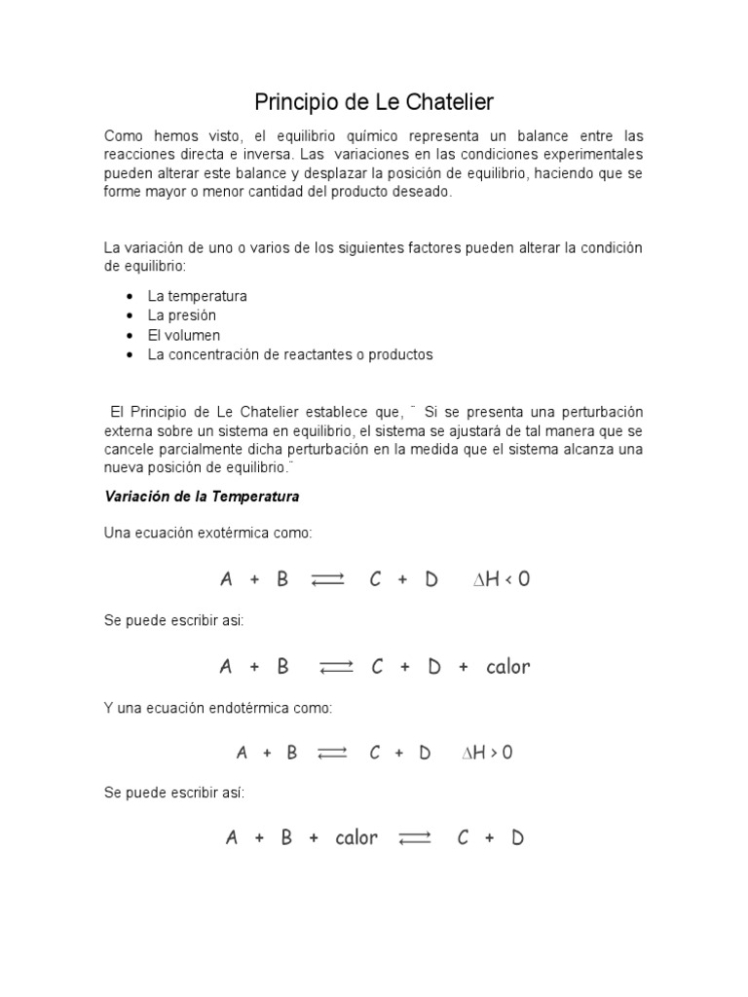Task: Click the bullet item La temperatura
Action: [x=197, y=296]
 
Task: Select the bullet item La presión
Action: [x=182, y=315]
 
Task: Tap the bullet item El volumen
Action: [x=184, y=335]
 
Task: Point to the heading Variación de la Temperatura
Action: [x=202, y=497]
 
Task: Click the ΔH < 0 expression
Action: [x=502, y=579]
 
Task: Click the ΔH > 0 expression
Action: [x=487, y=753]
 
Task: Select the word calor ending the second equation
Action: [x=507, y=667]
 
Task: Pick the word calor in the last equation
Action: [x=356, y=838]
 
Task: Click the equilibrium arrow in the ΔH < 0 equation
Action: [x=328, y=580]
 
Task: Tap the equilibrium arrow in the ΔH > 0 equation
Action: [x=332, y=754]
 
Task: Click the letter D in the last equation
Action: [x=517, y=838]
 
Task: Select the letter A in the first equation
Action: [x=226, y=579]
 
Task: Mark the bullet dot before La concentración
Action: [x=130, y=355]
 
